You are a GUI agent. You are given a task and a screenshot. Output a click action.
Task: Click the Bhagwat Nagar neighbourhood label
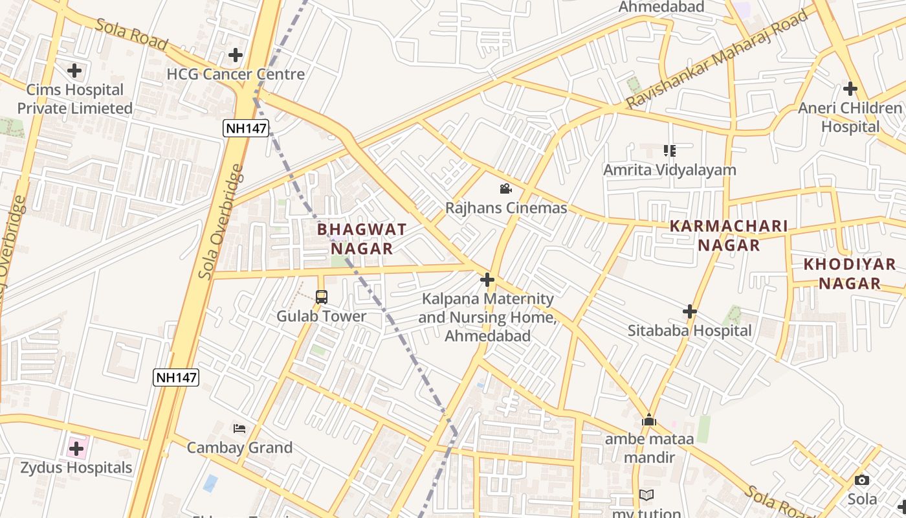coord(362,239)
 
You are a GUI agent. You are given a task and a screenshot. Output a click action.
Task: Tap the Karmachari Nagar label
coord(729,236)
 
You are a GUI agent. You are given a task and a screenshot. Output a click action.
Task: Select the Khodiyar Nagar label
coord(850,273)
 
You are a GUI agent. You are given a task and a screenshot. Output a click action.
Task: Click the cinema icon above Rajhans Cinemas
coord(505,188)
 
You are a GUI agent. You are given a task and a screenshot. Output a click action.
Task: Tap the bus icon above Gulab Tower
coord(322,297)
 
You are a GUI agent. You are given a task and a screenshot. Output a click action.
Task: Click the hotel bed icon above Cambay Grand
coord(239,429)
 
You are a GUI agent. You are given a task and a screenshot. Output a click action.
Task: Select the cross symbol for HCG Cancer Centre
coord(236,55)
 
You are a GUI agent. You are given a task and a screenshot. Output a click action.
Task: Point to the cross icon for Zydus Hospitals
coord(76,448)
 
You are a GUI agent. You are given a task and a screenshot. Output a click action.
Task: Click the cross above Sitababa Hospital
coord(690,311)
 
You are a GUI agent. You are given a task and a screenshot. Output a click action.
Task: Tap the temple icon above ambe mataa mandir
coord(649,420)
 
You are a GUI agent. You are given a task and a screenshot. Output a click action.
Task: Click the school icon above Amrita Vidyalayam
coord(670,151)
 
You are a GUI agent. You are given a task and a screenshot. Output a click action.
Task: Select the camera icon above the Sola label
coord(862,480)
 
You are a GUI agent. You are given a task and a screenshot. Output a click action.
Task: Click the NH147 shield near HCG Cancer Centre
coord(246,128)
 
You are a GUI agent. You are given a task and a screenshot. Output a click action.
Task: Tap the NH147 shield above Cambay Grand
coord(176,377)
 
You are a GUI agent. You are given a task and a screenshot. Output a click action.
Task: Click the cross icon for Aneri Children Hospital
coord(850,89)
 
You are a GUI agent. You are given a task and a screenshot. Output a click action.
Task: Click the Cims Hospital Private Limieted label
coord(74,99)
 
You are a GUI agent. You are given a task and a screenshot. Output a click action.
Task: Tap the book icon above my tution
coord(646,495)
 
